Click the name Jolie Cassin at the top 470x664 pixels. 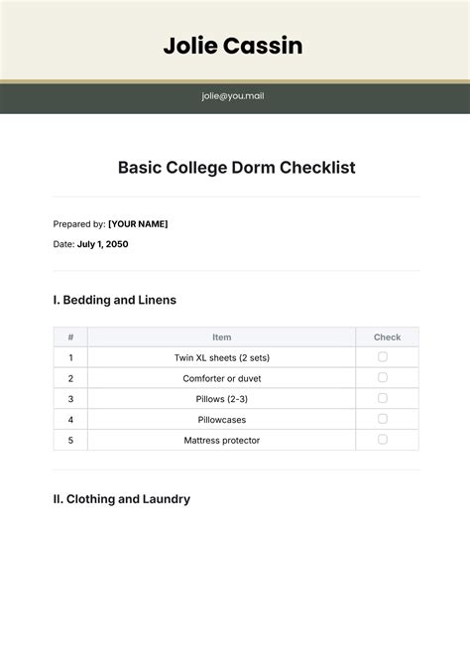234,46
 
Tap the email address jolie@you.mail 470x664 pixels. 234,96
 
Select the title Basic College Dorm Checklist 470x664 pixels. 236,168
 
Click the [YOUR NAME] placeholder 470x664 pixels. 138,224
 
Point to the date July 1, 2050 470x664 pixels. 103,244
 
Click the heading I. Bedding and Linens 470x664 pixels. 114,300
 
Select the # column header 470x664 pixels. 70,337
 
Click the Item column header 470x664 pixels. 221,337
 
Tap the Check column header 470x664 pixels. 387,337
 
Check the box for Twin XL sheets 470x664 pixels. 383,357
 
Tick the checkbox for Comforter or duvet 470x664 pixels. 383,378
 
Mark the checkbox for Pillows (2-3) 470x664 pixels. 383,398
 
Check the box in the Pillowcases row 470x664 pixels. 383,419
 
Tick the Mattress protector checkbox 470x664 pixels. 383,440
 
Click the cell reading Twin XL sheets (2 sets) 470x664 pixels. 221,357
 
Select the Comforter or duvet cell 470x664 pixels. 221,378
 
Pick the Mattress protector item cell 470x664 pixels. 221,440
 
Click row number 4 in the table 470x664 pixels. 70,420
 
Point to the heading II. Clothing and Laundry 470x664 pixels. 121,499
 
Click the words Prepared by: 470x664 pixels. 79,224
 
